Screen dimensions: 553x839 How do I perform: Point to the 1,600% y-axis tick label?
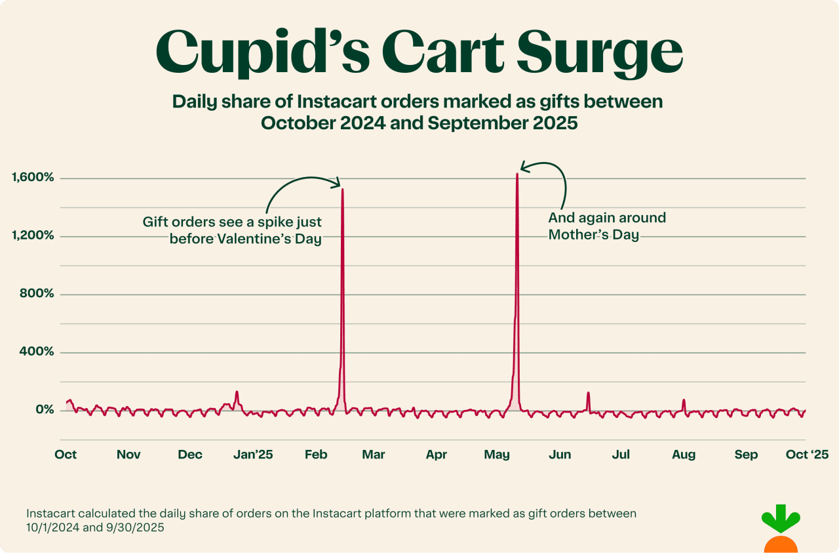(x=32, y=177)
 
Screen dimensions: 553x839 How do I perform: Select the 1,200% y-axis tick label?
(x=32, y=236)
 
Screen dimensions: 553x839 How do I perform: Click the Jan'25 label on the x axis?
(x=253, y=455)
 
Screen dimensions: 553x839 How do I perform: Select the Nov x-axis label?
(x=128, y=455)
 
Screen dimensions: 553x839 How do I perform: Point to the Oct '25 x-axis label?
(x=807, y=455)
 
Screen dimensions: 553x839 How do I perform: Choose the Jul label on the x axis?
(x=621, y=455)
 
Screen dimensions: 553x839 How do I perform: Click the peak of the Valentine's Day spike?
(x=342, y=189)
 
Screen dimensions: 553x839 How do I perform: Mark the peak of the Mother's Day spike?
(x=517, y=174)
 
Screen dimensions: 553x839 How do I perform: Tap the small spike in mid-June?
(x=589, y=393)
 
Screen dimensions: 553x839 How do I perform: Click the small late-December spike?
(x=237, y=392)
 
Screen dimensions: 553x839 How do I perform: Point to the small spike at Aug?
(x=684, y=399)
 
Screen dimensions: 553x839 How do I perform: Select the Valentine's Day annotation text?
(x=233, y=230)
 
